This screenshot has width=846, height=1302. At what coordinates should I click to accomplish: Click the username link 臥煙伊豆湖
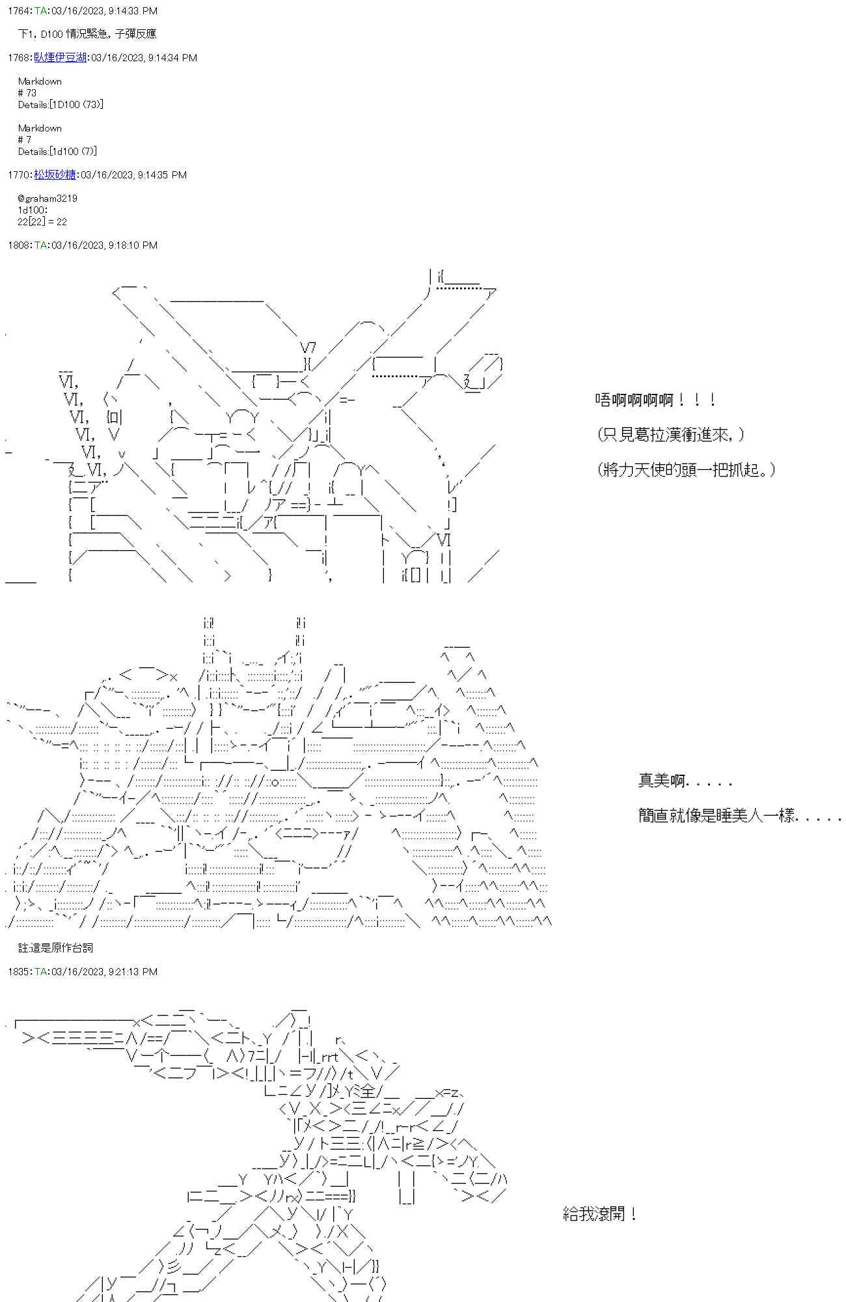(60, 57)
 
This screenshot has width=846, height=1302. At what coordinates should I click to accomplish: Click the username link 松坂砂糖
(55, 174)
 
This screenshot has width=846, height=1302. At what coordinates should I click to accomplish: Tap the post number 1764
(18, 10)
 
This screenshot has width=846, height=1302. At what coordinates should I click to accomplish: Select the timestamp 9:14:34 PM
(172, 57)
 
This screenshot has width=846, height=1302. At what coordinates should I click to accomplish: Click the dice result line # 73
(27, 92)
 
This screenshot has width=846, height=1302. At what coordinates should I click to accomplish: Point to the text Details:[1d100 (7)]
(57, 151)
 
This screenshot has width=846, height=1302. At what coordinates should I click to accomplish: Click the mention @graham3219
(48, 198)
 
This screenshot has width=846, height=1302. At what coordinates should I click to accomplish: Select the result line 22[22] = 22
(42, 221)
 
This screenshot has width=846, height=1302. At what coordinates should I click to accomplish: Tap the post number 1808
(18, 245)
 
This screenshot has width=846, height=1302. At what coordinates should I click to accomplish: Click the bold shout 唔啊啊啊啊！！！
(655, 400)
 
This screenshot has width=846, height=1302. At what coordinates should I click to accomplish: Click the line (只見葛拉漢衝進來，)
(671, 434)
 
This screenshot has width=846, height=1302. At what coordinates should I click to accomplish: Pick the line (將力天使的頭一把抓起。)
(686, 469)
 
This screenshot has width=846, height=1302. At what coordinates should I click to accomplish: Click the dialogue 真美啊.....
(685, 780)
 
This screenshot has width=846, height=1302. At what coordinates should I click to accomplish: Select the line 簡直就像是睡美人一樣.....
(739, 815)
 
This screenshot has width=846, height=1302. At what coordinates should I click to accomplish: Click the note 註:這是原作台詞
(55, 948)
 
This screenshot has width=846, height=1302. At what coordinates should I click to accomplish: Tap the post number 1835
(18, 971)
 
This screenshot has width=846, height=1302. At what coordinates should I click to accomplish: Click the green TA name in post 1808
(40, 245)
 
